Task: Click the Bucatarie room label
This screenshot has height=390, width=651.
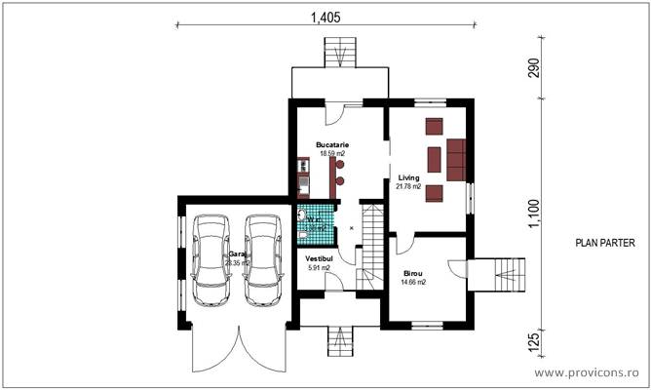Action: tap(332, 144)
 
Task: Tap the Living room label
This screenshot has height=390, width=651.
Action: tap(408, 177)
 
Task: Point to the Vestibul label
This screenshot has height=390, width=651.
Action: tap(319, 259)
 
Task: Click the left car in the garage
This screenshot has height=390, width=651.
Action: tap(209, 260)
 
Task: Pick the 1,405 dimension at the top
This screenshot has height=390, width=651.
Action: tap(325, 16)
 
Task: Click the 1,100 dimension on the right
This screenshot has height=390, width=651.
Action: tap(533, 213)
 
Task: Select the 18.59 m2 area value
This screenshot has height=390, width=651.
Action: tap(332, 153)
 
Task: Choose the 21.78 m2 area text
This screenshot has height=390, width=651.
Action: tap(408, 186)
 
